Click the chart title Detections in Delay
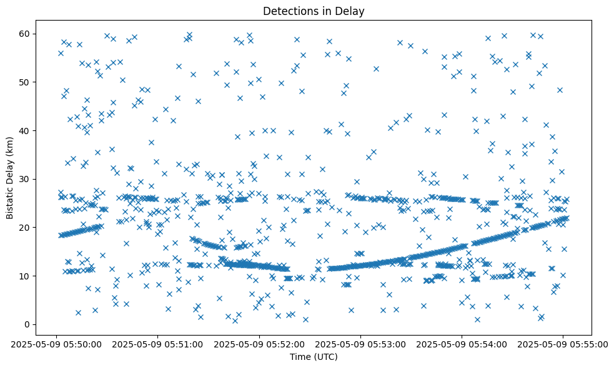coord(314,11)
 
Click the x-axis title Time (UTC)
coord(314,357)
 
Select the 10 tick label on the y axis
coord(26,276)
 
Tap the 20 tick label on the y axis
coord(26,228)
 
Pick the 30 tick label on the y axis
coord(26,179)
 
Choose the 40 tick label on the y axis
coord(26,131)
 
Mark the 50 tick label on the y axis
coord(26,82)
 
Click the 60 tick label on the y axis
coord(26,34)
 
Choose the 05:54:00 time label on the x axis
coord(462,343)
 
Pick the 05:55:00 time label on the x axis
coord(563,343)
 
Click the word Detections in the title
coord(289,11)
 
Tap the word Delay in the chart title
coord(352,11)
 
